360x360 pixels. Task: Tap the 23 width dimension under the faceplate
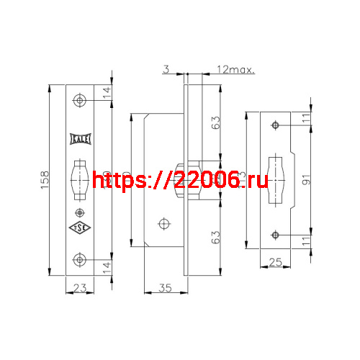[x=81, y=288]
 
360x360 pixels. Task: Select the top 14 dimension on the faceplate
[x=107, y=92]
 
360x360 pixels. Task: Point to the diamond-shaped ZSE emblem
[x=80, y=229]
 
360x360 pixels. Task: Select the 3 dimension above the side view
[x=166, y=69]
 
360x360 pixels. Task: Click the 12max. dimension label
[x=237, y=69]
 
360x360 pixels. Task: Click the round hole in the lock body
[x=166, y=222]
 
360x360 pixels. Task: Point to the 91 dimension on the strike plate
[x=306, y=180]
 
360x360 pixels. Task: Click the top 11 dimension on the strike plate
[x=306, y=118]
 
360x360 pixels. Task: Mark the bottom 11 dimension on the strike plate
[x=306, y=242]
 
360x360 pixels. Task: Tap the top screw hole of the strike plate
[x=275, y=126]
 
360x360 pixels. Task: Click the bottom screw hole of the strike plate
[x=275, y=235]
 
